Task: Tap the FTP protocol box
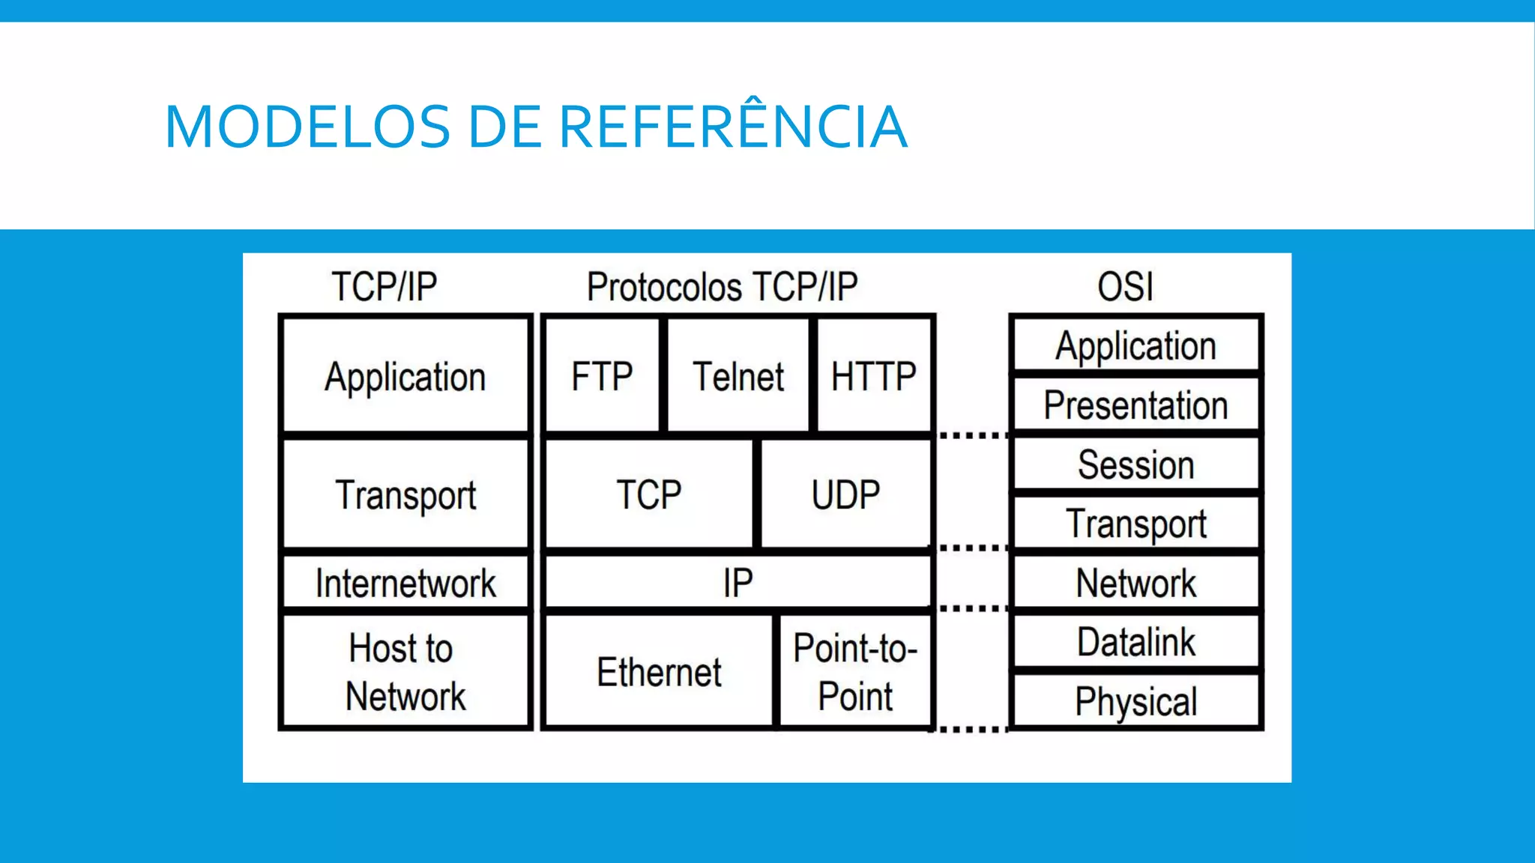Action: [x=602, y=376]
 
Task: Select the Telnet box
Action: [x=738, y=376]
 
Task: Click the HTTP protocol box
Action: [x=873, y=376]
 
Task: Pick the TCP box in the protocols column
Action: [x=649, y=494]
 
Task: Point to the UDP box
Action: [x=845, y=494]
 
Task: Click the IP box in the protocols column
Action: [x=738, y=583]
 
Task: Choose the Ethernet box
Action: [x=659, y=672]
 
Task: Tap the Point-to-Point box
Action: [x=855, y=672]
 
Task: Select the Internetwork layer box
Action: [x=405, y=583]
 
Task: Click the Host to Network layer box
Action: [x=405, y=672]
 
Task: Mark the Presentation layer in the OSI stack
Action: [x=1136, y=405]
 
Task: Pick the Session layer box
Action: [x=1136, y=464]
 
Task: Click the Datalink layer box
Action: [x=1136, y=642]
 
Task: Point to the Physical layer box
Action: [x=1136, y=701]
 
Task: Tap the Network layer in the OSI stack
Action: [x=1136, y=583]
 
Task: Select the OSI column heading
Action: [x=1125, y=287]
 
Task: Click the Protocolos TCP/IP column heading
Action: [x=722, y=287]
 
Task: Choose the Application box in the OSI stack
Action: [x=1136, y=346]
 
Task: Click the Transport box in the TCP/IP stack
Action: [x=405, y=494]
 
